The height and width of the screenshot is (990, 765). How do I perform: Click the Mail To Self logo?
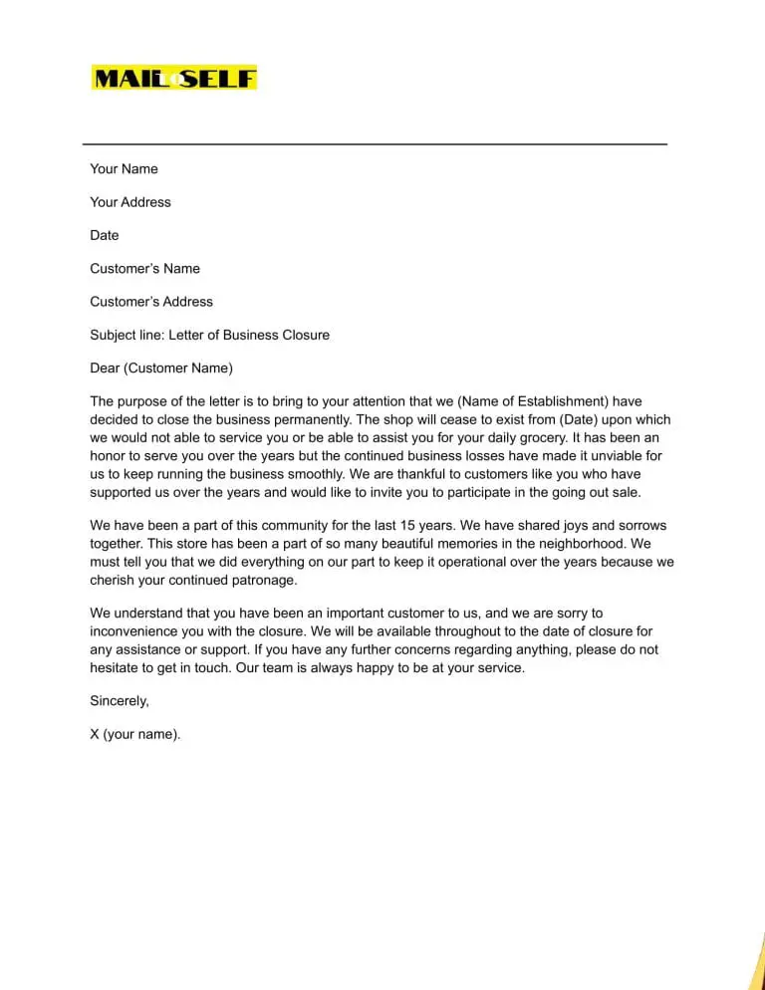[x=174, y=78]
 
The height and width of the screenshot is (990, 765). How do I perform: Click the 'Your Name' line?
[x=124, y=169]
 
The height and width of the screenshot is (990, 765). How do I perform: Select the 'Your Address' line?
[x=130, y=202]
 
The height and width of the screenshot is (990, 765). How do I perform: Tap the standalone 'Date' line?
[x=105, y=235]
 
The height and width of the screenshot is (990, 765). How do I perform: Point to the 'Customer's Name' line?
[x=144, y=269]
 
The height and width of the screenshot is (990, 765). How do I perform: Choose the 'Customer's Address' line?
[x=151, y=302]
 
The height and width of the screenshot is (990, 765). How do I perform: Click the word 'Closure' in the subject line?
[x=304, y=335]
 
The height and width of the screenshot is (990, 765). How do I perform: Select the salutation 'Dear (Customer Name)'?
[x=161, y=369]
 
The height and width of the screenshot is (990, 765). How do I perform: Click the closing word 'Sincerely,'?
[x=120, y=701]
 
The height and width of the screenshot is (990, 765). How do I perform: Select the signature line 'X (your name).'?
[x=135, y=734]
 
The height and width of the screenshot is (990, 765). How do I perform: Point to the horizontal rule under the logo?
[x=375, y=144]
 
